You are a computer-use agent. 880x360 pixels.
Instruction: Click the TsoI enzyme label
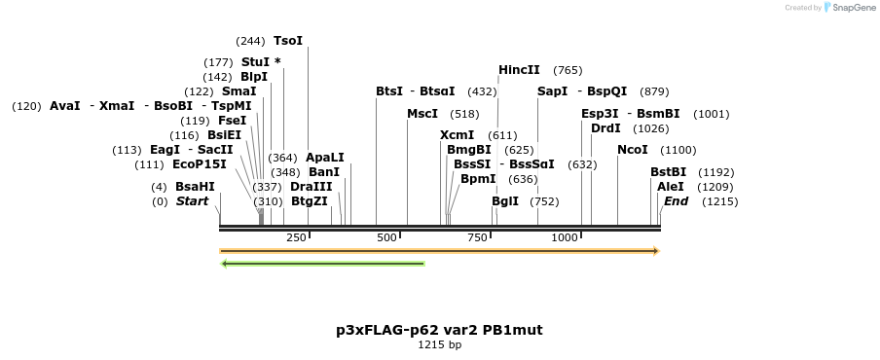coord(288,41)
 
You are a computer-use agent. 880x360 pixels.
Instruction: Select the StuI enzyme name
coord(256,61)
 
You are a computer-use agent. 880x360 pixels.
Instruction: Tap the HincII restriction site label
coord(519,70)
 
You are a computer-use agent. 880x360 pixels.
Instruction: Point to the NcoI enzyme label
coord(634,150)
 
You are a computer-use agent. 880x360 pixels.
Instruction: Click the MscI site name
coord(422,114)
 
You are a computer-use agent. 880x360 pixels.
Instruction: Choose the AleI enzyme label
coord(671,187)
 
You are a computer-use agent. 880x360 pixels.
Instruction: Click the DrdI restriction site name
coord(605,128)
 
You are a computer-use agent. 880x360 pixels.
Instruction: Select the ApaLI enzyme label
coord(324,158)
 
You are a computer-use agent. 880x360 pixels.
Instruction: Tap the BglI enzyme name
coord(505,201)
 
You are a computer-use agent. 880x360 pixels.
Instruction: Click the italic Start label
coord(192,201)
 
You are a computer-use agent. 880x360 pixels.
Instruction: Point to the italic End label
coord(676,201)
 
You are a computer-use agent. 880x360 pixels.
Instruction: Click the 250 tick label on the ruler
coord(296,238)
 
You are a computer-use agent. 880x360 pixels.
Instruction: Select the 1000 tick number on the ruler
coord(565,238)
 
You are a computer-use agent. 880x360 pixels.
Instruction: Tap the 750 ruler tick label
coord(477,238)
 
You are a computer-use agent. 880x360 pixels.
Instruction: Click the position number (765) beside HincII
coord(568,70)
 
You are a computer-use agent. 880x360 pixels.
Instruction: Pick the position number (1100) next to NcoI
coord(678,150)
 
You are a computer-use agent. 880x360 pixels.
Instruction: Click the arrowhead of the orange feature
coord(656,251)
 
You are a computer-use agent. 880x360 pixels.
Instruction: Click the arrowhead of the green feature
coord(225,263)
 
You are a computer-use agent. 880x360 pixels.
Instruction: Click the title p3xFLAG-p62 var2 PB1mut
coord(439,330)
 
